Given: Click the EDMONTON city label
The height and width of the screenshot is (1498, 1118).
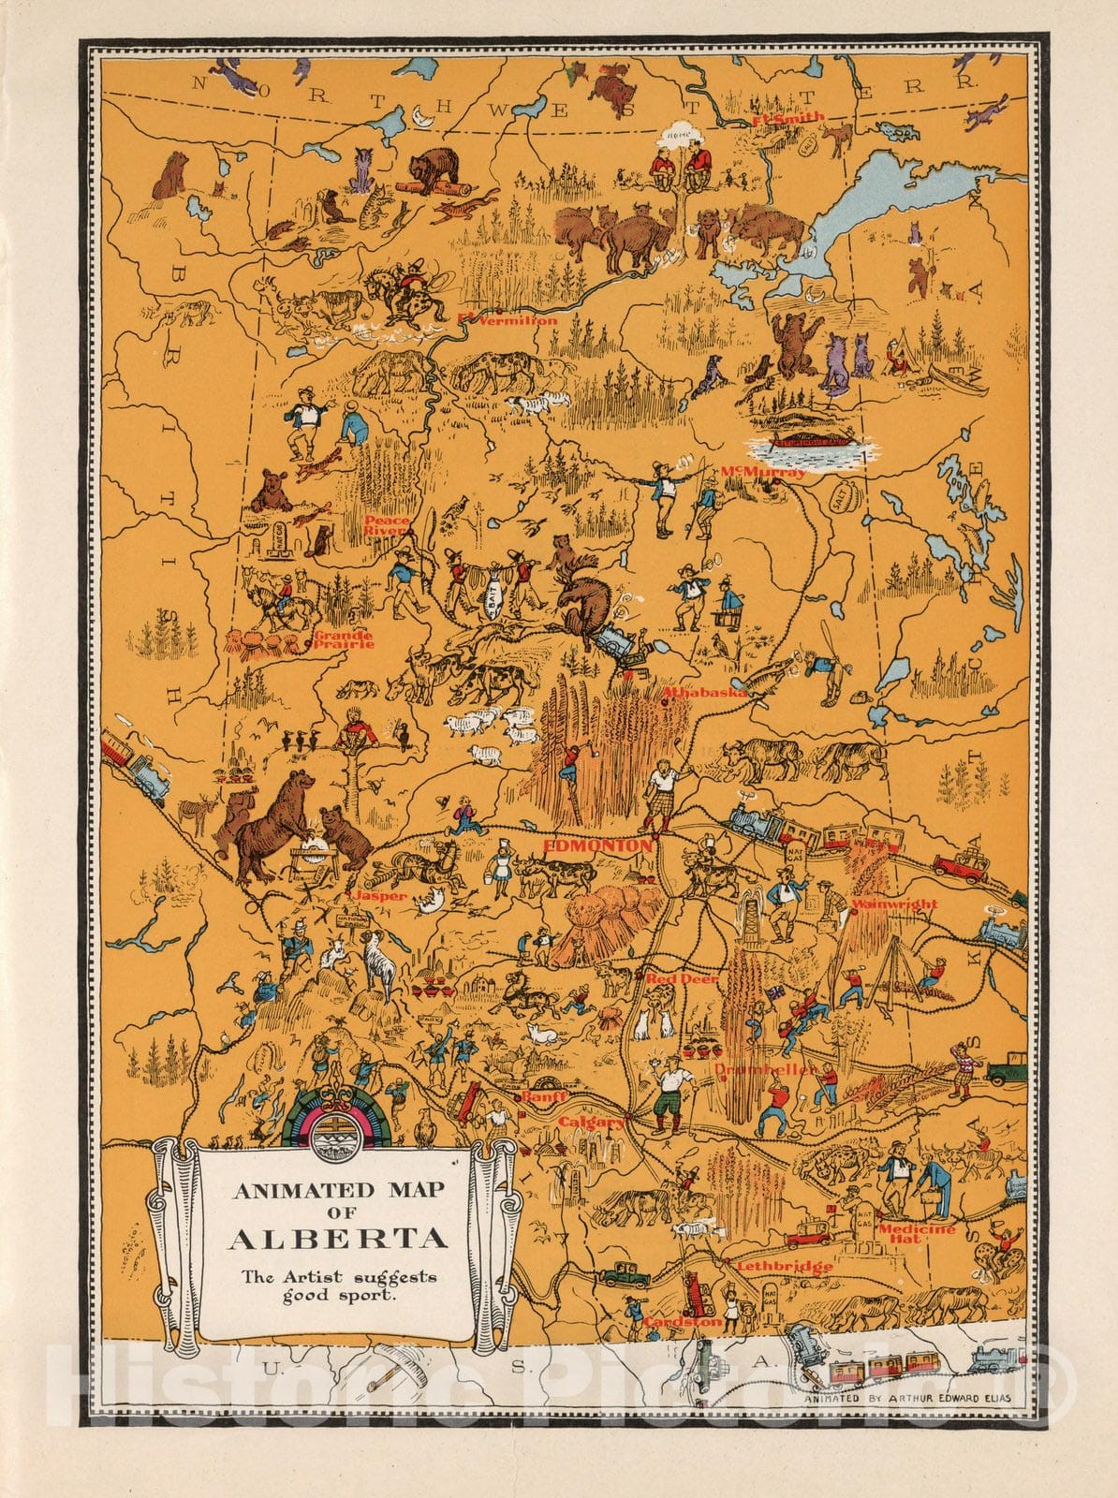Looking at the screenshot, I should click(596, 845).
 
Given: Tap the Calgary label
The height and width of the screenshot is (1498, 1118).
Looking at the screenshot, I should click(591, 1122).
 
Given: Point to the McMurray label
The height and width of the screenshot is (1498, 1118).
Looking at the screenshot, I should click(762, 473).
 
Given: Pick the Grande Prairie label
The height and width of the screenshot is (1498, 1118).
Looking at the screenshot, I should click(343, 640).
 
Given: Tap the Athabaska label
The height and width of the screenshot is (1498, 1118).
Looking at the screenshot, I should click(704, 694).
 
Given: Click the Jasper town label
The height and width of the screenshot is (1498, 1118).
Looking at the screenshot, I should click(379, 896).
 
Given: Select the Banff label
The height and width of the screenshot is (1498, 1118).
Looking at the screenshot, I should click(545, 1095).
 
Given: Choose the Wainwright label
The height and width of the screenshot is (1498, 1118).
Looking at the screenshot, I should click(894, 904).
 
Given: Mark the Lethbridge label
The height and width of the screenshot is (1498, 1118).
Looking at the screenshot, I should click(784, 1267).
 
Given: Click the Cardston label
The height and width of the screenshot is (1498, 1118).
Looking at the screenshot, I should click(683, 1322).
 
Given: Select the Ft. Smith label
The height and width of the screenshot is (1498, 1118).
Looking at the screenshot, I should click(788, 118).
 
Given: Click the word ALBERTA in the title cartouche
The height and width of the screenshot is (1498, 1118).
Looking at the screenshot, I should click(337, 1240).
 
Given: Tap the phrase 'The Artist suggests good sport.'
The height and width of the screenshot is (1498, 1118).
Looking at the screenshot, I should click(339, 1286).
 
